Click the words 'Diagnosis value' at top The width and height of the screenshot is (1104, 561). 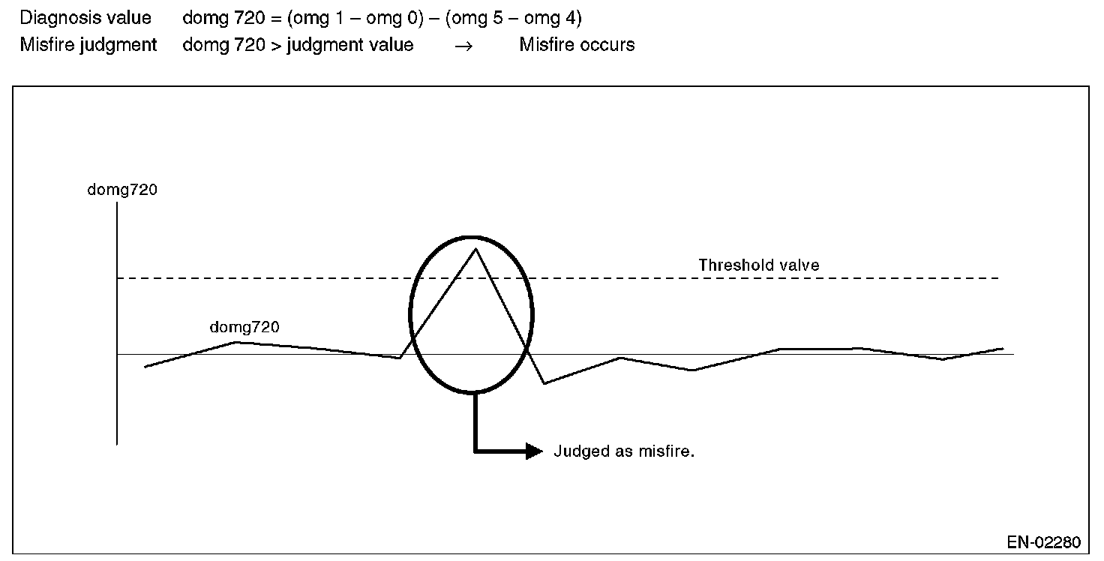point(85,18)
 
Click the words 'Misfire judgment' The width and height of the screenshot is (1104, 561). point(88,45)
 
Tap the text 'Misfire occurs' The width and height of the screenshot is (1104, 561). point(577,45)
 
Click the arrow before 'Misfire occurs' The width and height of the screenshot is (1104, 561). point(464,46)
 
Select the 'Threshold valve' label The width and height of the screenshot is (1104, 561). point(758,265)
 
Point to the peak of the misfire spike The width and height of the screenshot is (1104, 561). point(475,248)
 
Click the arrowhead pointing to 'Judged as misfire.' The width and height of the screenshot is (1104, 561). point(533,451)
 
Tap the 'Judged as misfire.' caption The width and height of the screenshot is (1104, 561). point(624,451)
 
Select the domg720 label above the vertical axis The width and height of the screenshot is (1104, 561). point(122,190)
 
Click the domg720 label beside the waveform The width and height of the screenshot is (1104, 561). point(244,327)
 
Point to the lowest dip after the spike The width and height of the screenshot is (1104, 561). point(544,383)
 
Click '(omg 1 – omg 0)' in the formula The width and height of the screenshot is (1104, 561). point(355,18)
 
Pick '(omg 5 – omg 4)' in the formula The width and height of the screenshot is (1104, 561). point(513,18)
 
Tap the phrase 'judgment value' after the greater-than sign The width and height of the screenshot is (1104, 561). point(349,45)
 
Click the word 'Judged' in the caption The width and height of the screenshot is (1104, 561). point(578,451)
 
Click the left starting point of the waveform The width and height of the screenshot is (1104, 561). point(145,367)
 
